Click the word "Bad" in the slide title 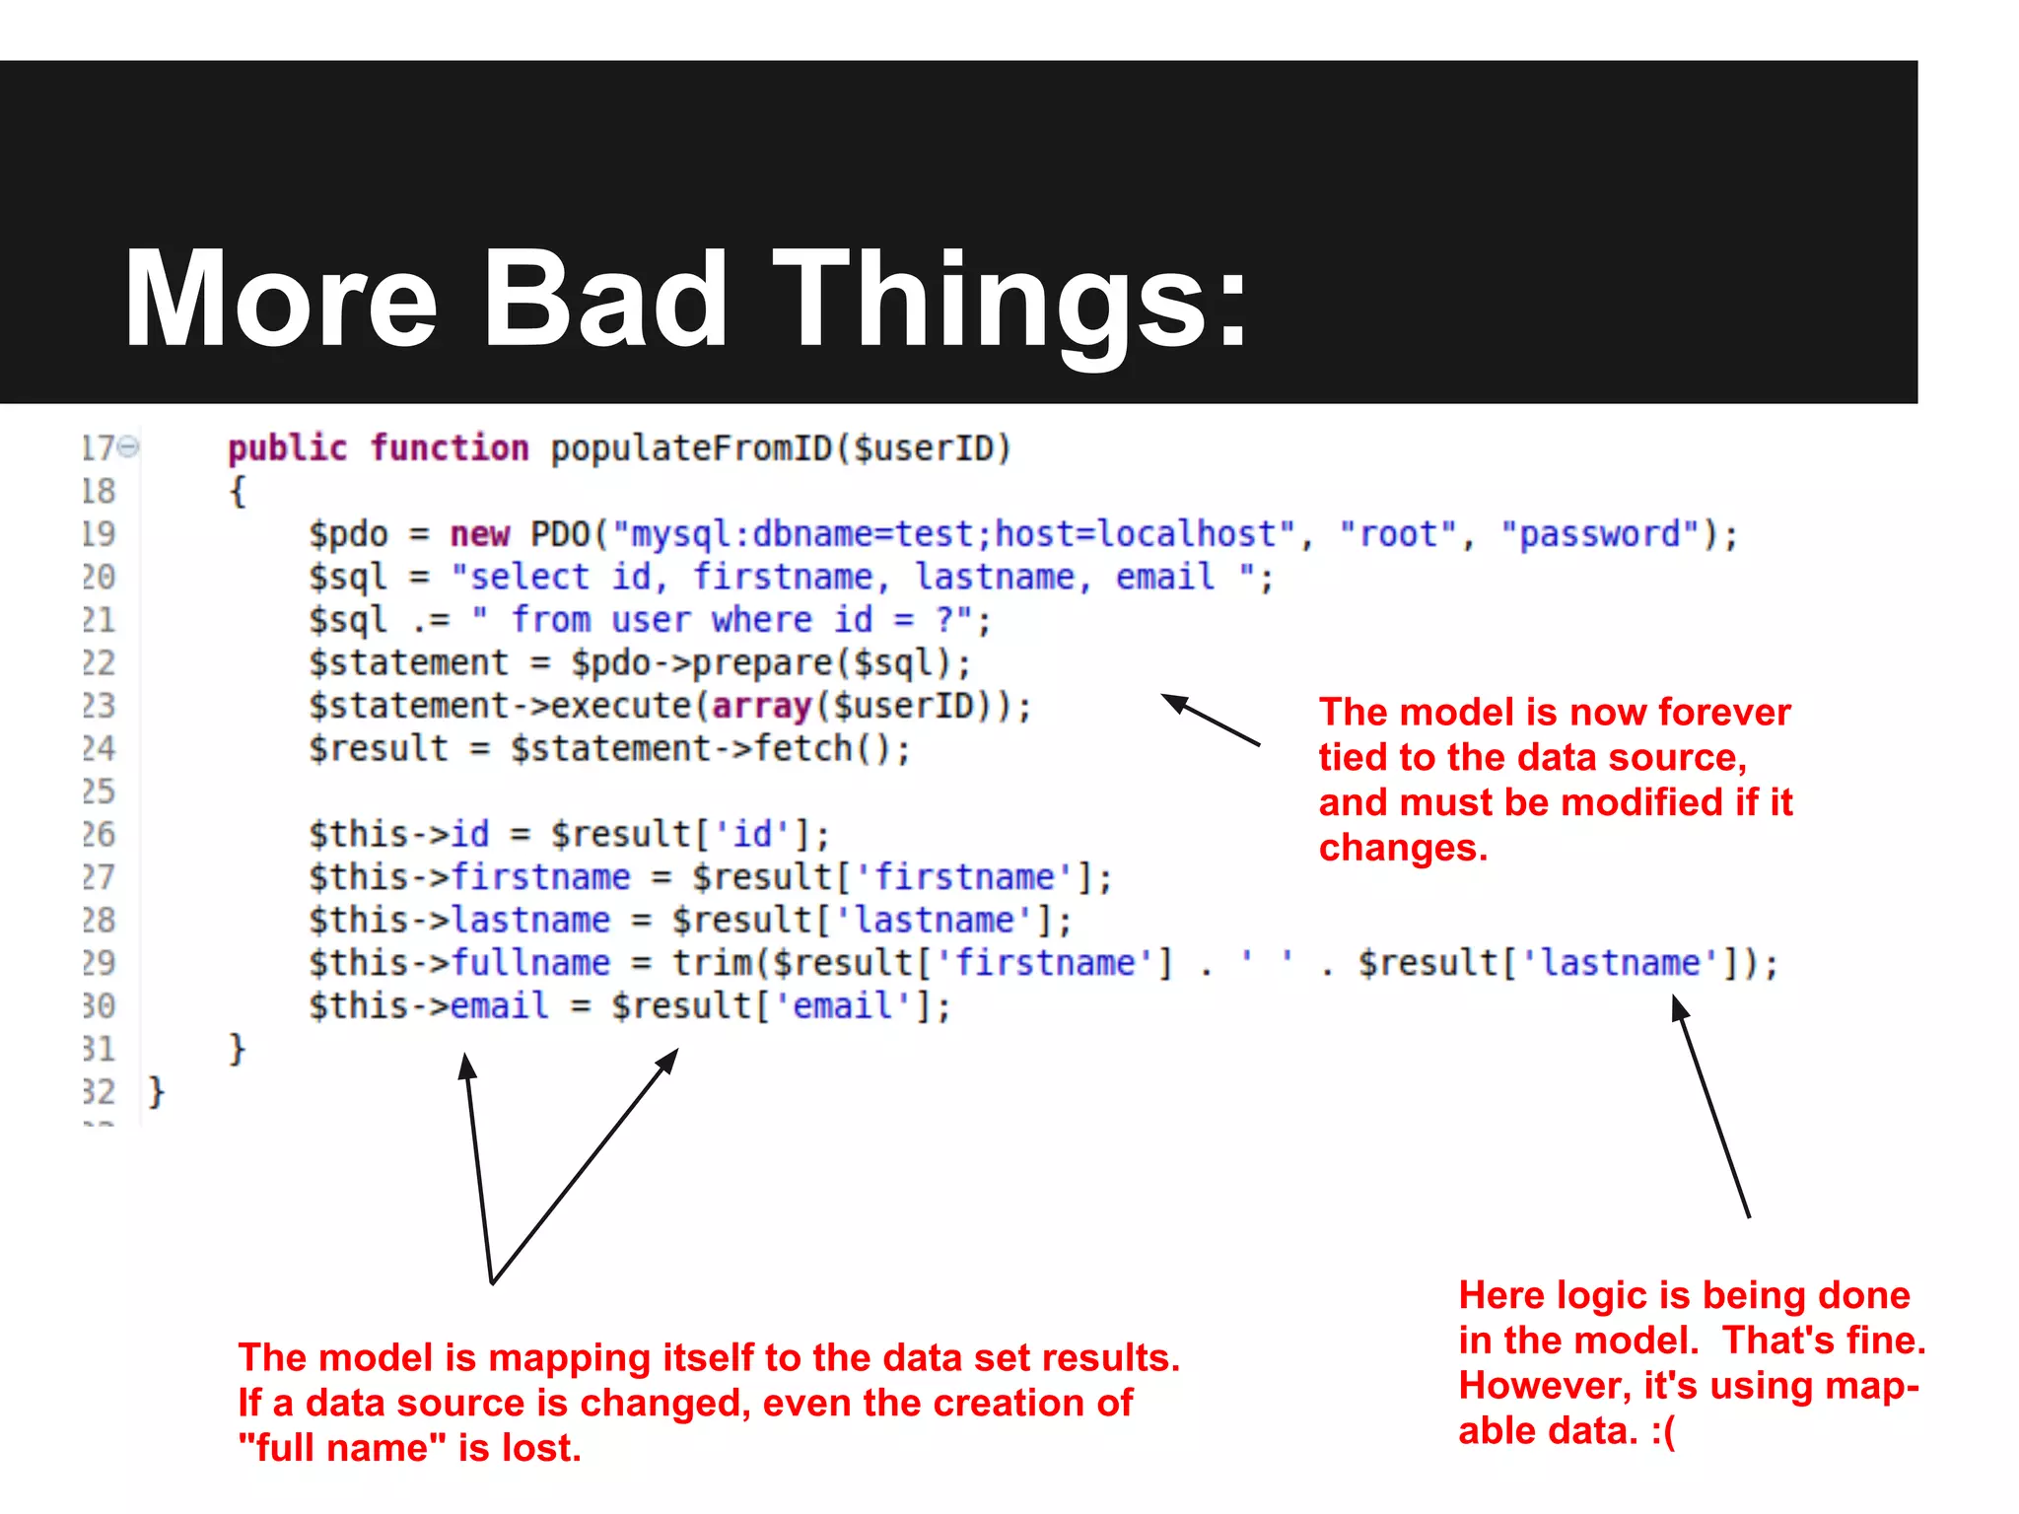603,299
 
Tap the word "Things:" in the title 1010,299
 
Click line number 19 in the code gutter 99,534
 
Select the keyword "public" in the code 287,448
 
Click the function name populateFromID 691,448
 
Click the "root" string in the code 1398,534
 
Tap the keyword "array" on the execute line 761,706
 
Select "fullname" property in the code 530,963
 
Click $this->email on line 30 429,1006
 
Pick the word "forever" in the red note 1724,712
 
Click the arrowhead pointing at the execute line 1172,701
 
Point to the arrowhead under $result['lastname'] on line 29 1677,1006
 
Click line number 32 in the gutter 99,1092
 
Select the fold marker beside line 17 128,447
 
